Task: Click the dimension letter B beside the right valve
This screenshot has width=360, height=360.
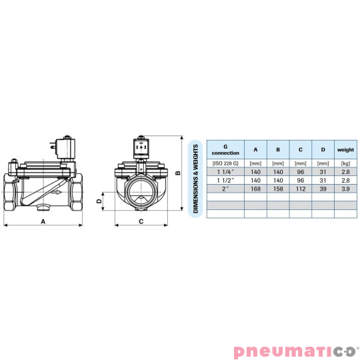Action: tap(178, 173)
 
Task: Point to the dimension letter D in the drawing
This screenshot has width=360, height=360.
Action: tap(99, 200)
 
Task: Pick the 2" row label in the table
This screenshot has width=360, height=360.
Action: tap(225, 189)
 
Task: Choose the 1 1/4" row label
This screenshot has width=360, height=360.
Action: tap(225, 171)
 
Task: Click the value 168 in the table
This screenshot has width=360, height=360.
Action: tap(255, 189)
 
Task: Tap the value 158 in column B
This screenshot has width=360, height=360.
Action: tap(277, 189)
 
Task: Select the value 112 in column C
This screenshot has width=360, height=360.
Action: tap(300, 189)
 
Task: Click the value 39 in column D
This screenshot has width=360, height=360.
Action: tap(323, 189)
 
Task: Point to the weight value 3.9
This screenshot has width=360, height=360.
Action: tap(345, 189)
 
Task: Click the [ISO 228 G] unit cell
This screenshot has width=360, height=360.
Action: tap(225, 163)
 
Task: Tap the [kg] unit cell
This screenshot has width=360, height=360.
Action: tap(345, 163)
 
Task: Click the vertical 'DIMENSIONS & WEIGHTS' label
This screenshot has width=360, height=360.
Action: tap(196, 177)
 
